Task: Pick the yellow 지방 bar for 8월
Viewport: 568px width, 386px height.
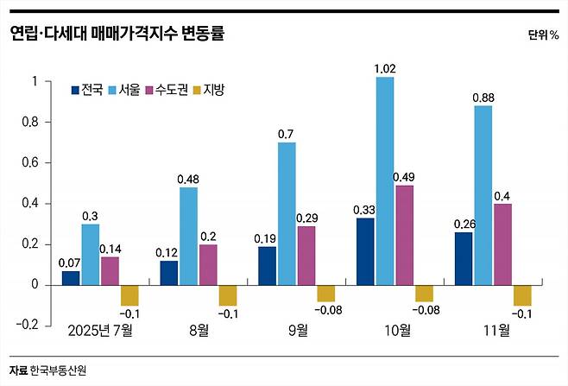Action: [x=228, y=294]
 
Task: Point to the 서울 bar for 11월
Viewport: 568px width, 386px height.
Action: [x=483, y=195]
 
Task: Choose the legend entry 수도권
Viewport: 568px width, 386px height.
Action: [x=170, y=89]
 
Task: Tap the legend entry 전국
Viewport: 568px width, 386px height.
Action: [x=87, y=89]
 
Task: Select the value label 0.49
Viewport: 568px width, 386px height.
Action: [x=404, y=176]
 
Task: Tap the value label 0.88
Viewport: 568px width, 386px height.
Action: [x=483, y=97]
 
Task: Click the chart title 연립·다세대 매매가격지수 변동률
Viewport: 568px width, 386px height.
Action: [x=117, y=34]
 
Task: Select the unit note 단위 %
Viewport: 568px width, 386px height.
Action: [x=543, y=35]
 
